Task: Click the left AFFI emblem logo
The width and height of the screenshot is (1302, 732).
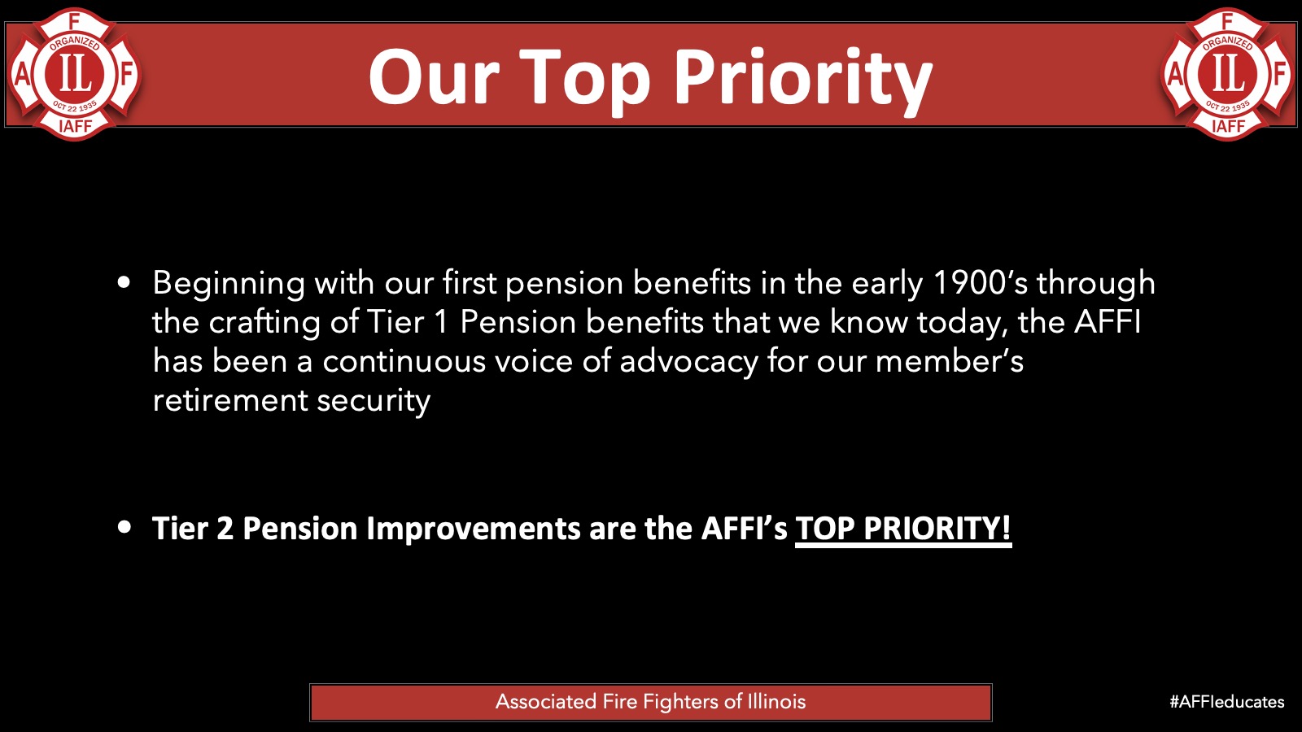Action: click(74, 74)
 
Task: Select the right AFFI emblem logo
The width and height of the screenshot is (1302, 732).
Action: click(1228, 74)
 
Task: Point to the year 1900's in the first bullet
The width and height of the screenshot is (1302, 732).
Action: click(981, 283)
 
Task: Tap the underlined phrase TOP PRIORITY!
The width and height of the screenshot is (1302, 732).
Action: click(903, 529)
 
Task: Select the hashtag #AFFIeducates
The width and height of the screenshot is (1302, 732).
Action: click(1227, 702)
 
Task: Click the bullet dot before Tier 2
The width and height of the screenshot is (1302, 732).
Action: click(124, 528)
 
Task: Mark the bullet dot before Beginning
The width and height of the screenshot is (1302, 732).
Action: click(124, 283)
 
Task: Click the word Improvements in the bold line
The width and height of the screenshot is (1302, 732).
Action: click(473, 529)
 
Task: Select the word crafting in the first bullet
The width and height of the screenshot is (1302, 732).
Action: click(264, 323)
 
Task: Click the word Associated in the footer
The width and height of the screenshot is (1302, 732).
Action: click(546, 702)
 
